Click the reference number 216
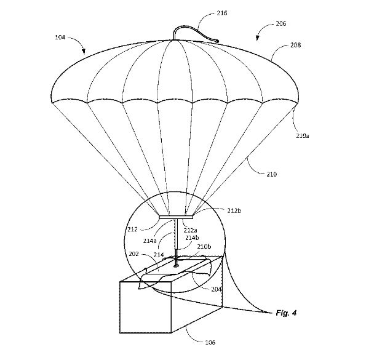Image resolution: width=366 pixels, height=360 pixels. click(221, 13)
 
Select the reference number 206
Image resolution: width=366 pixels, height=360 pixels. click(280, 24)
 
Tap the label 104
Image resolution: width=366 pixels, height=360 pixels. click(60, 37)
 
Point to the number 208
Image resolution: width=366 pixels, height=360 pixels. click(295, 45)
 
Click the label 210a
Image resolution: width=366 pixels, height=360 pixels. click(303, 135)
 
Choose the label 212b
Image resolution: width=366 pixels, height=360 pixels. click(234, 210)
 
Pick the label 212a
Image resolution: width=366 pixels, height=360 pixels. click(190, 230)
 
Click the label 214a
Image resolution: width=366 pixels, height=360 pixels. click(149, 241)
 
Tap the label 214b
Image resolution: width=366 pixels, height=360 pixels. click(192, 238)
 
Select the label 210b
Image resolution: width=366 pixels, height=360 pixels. click(204, 247)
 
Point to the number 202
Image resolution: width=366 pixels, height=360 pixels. click(133, 254)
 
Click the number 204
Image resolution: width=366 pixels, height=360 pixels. click(216, 289)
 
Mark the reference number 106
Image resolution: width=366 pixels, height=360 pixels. click(210, 343)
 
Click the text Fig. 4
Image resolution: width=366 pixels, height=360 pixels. click(286, 313)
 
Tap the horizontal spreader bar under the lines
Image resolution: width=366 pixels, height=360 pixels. click(176, 217)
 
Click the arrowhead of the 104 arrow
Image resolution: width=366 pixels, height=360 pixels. click(84, 52)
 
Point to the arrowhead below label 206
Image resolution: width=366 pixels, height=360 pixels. click(257, 38)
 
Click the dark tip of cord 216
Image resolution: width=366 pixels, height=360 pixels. click(217, 41)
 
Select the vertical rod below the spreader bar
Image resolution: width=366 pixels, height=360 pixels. click(177, 236)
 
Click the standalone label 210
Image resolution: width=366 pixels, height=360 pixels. click(271, 174)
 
